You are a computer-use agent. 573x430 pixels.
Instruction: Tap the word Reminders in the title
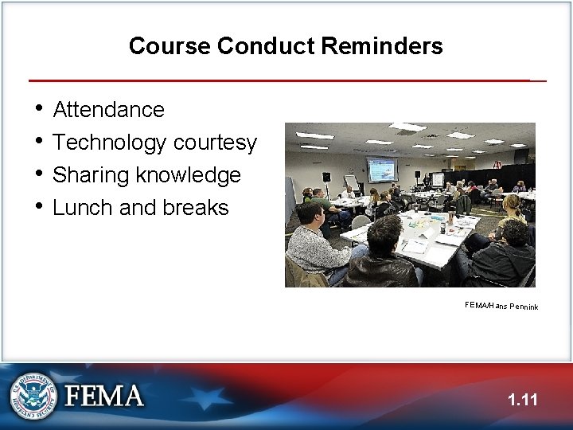coord(382,46)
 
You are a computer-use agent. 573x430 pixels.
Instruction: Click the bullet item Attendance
coord(108,109)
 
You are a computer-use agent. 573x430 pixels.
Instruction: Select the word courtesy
coord(215,143)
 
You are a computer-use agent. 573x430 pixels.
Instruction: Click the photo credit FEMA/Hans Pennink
coord(501,306)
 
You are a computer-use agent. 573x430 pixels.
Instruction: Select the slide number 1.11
coord(523,400)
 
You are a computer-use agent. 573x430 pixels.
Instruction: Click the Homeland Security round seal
coord(33,396)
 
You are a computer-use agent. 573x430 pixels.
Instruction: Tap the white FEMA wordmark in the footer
coord(104,396)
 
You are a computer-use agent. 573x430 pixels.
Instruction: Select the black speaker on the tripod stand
coord(326,177)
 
